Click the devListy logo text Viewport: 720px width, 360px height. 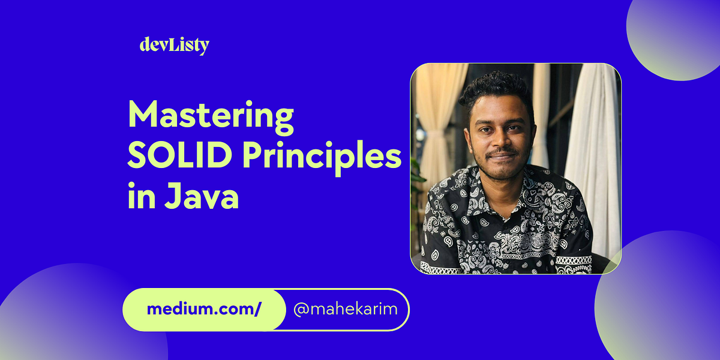[x=174, y=45]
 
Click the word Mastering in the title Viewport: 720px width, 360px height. [x=211, y=118]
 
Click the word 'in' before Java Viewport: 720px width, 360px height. [x=139, y=197]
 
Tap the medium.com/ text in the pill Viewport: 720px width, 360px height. [x=203, y=310]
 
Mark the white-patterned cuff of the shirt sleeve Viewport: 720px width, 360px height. [x=573, y=262]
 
